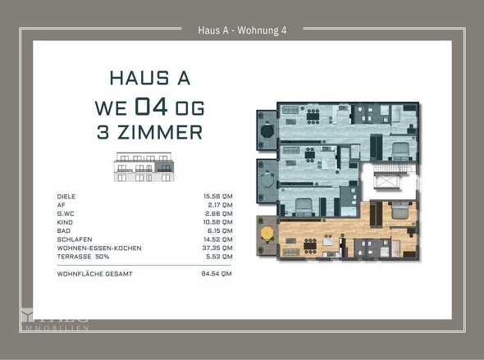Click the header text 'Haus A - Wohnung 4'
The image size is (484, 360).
[x=242, y=30]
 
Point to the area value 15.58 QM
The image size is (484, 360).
[x=217, y=197]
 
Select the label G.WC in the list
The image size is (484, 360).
[x=66, y=213]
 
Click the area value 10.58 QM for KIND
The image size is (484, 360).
[x=217, y=221]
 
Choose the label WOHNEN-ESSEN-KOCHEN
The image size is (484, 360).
[x=99, y=247]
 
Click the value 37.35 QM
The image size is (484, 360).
[x=217, y=247]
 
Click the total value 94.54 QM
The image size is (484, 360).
[x=217, y=274]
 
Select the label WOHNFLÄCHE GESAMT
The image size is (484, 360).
[x=94, y=274]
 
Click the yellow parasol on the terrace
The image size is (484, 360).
[x=267, y=234]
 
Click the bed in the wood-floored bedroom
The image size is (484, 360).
[x=400, y=211]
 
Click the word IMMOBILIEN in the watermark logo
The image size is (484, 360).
[x=54, y=327]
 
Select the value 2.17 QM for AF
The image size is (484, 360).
[x=219, y=205]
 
